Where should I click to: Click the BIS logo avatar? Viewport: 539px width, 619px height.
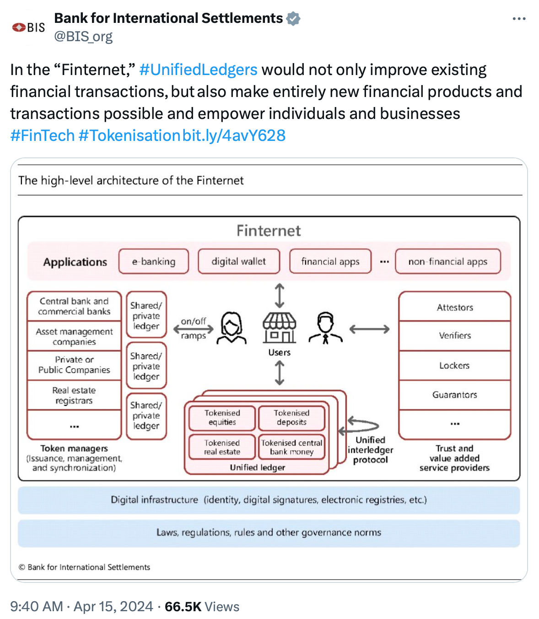click(28, 27)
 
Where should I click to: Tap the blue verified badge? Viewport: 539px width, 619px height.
click(293, 18)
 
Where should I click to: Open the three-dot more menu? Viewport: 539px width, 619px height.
click(519, 19)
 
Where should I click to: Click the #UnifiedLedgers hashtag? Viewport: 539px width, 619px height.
click(198, 70)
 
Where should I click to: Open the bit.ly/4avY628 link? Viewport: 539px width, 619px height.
click(234, 135)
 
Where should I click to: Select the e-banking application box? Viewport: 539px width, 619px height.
click(154, 261)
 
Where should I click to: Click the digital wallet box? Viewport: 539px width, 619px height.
click(239, 261)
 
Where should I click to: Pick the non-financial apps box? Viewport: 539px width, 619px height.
click(447, 261)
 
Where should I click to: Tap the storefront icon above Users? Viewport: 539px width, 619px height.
click(279, 328)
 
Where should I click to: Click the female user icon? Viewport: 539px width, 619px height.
click(232, 328)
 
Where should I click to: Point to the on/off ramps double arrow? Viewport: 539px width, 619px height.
click(193, 329)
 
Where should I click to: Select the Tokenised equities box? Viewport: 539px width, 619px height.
click(222, 418)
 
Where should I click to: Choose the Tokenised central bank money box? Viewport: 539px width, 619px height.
click(291, 447)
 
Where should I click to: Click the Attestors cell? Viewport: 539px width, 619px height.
click(455, 307)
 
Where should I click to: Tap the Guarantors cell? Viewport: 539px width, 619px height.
click(455, 395)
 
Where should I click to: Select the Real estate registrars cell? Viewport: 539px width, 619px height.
click(74, 395)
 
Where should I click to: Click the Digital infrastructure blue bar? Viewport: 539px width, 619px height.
click(269, 500)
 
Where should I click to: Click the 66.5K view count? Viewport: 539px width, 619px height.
click(183, 607)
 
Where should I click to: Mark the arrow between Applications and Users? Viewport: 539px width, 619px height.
click(280, 295)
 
